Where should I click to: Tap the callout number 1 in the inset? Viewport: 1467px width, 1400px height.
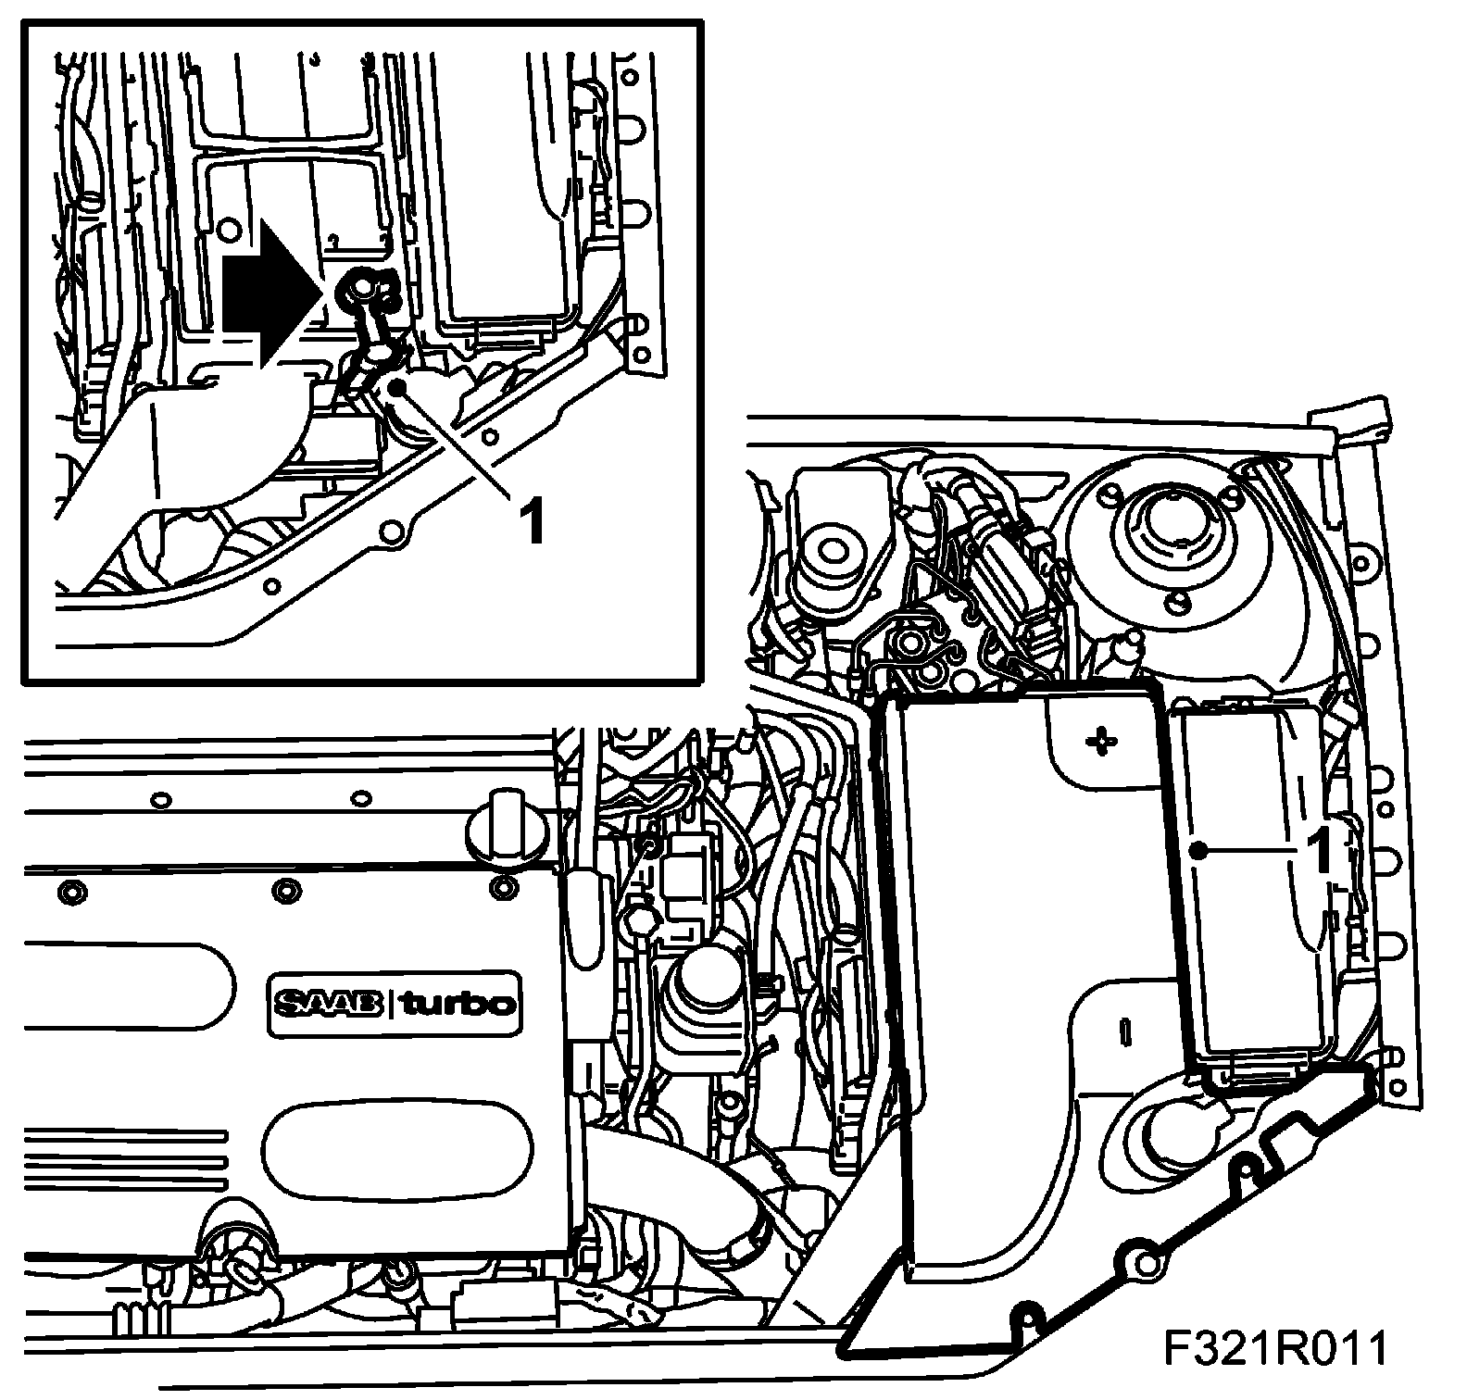531,520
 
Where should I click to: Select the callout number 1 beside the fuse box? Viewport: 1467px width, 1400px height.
1319,849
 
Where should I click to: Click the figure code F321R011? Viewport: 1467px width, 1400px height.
1276,1350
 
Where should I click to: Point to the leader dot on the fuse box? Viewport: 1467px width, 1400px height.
1199,849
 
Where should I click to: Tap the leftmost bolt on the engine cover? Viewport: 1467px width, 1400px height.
70,893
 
